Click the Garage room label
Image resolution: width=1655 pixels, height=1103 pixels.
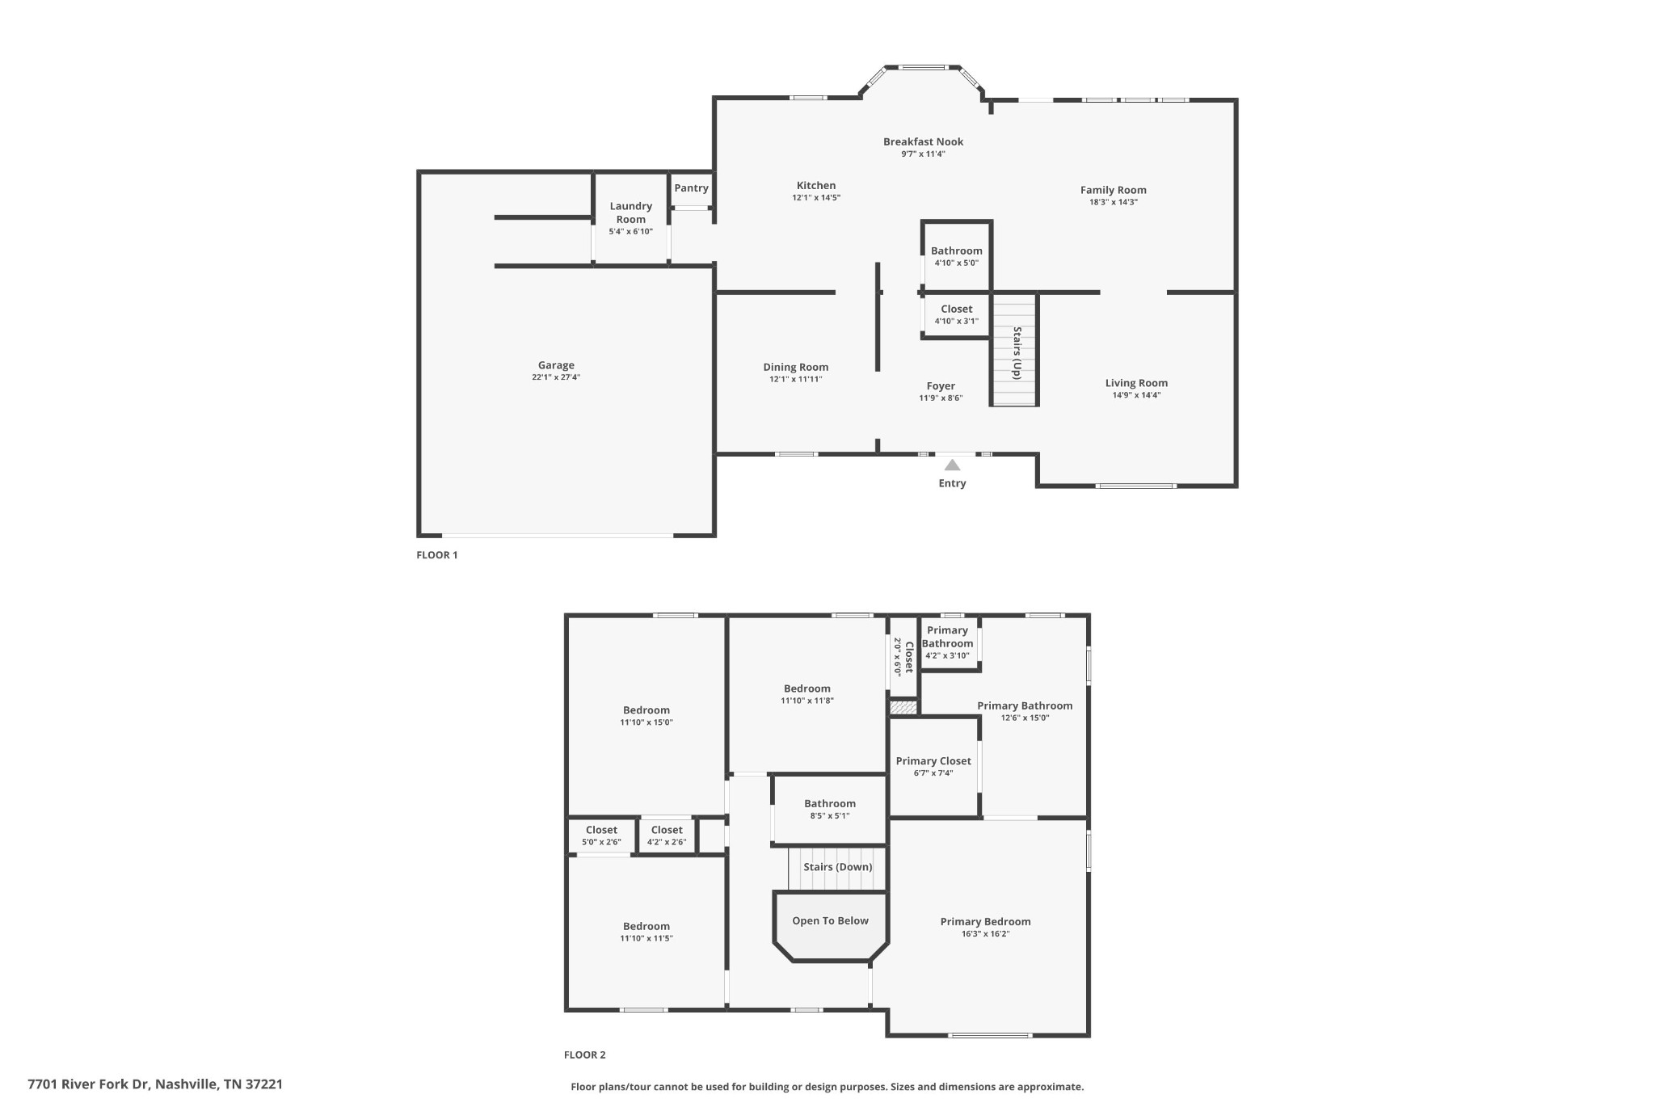556,365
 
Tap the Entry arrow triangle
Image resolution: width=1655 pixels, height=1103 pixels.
952,465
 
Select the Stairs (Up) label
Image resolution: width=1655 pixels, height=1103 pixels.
1017,352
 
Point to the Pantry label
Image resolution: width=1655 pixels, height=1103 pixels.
691,188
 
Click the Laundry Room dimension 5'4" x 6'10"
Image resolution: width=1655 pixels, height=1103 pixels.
630,232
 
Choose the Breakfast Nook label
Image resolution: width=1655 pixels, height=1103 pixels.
923,142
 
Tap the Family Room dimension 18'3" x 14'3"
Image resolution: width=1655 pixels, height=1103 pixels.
1113,202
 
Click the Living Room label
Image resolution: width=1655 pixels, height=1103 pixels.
1136,383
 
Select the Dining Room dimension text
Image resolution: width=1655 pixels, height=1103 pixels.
795,379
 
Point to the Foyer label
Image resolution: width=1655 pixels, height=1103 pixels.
941,386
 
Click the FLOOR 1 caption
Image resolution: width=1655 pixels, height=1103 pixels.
436,555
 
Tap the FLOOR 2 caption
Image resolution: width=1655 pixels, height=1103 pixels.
584,1055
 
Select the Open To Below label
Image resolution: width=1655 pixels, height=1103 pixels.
830,921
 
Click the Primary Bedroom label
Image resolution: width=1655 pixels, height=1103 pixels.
985,922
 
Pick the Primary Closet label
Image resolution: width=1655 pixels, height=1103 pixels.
933,761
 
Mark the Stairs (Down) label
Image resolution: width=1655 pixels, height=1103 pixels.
837,867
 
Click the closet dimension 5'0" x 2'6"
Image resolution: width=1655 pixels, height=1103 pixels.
601,842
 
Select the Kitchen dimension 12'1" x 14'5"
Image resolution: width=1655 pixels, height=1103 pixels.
816,198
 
